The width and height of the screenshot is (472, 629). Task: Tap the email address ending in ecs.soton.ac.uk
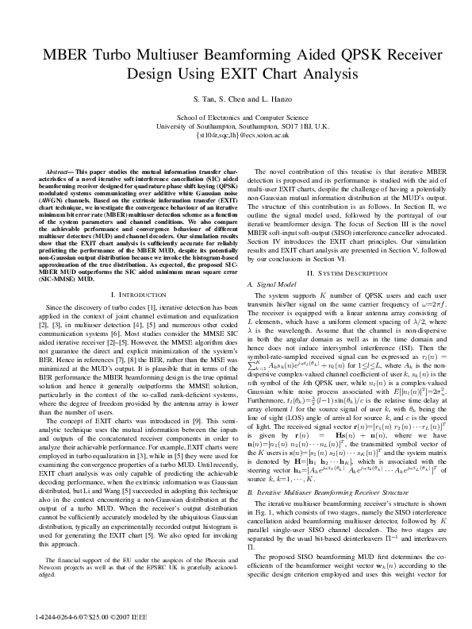coord(236,136)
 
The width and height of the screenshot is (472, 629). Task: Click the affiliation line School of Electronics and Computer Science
coord(236,118)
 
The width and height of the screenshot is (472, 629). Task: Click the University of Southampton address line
coord(236,126)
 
